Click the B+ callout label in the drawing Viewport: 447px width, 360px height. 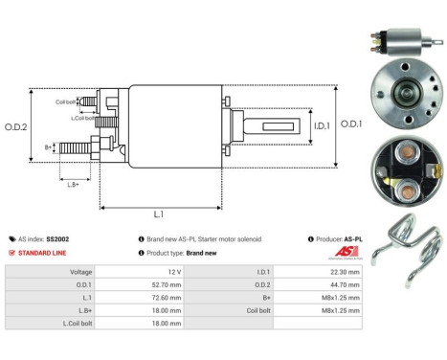50,147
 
